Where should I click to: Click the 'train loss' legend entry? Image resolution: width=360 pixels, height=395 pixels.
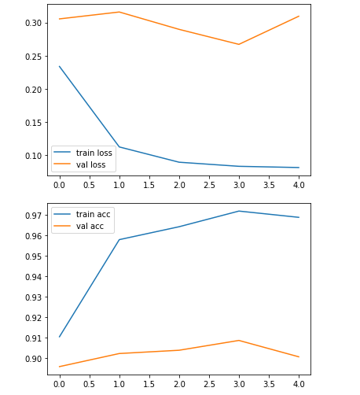coord(94,153)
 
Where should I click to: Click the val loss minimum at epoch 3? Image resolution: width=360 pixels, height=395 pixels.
coord(239,44)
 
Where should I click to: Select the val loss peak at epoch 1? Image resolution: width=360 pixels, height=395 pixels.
coord(119,12)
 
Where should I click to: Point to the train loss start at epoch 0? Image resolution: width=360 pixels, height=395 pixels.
coord(59,66)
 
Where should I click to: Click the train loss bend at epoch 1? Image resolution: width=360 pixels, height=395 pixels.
coord(119,146)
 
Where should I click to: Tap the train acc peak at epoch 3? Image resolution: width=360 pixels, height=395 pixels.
coord(239,211)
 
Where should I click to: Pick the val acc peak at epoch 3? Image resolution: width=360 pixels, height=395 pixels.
coord(239,340)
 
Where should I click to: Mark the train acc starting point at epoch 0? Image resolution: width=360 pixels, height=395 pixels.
coord(59,337)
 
